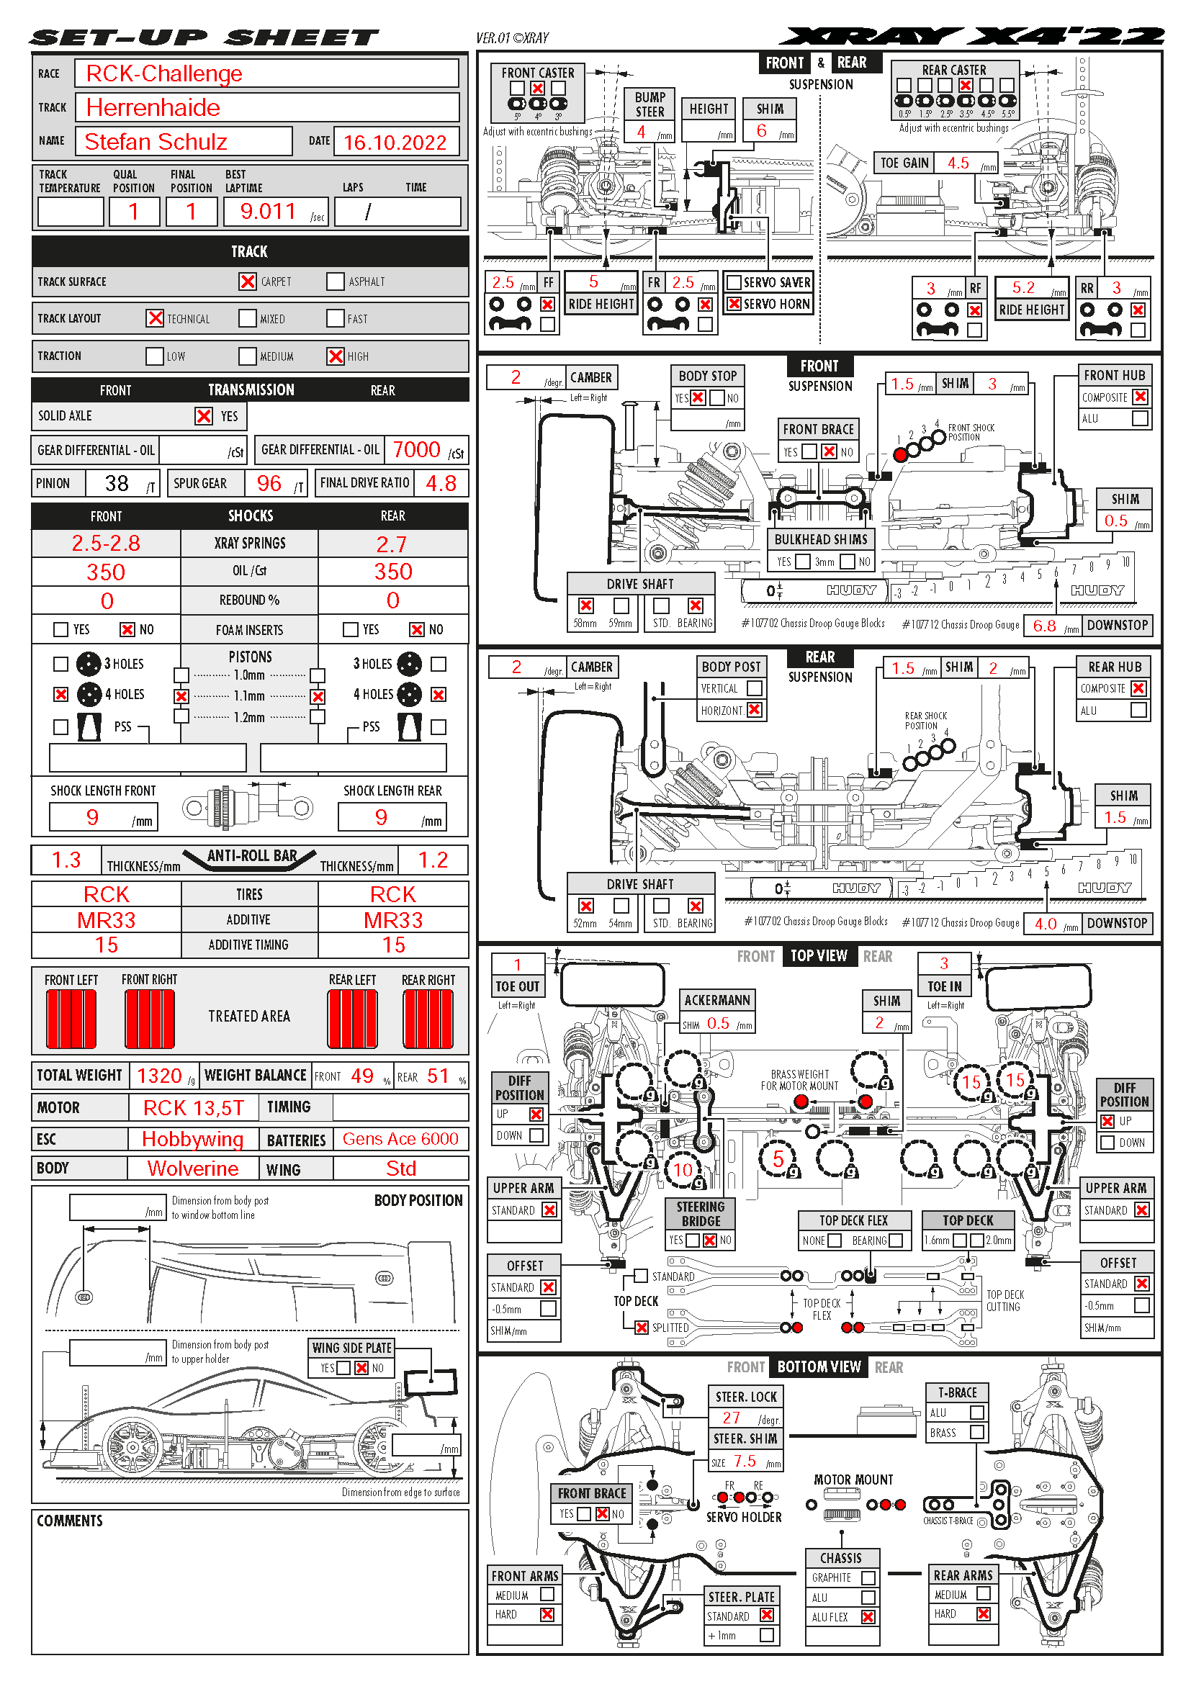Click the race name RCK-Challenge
163,73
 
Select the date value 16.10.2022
395,143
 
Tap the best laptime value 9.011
268,212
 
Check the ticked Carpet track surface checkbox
248,282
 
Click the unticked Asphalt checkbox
335,282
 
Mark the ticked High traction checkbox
335,356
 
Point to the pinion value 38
117,483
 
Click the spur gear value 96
269,483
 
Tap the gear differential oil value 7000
415,449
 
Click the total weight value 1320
159,1076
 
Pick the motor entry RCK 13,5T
193,1107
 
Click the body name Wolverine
193,1169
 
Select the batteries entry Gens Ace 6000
400,1139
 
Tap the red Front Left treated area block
71,1019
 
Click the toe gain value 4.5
958,163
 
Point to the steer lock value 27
731,1418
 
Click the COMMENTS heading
70,1521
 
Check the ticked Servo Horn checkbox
733,304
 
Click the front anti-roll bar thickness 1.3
66,860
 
